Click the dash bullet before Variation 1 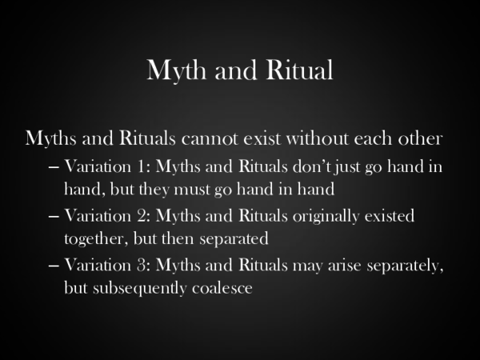click(54, 169)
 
